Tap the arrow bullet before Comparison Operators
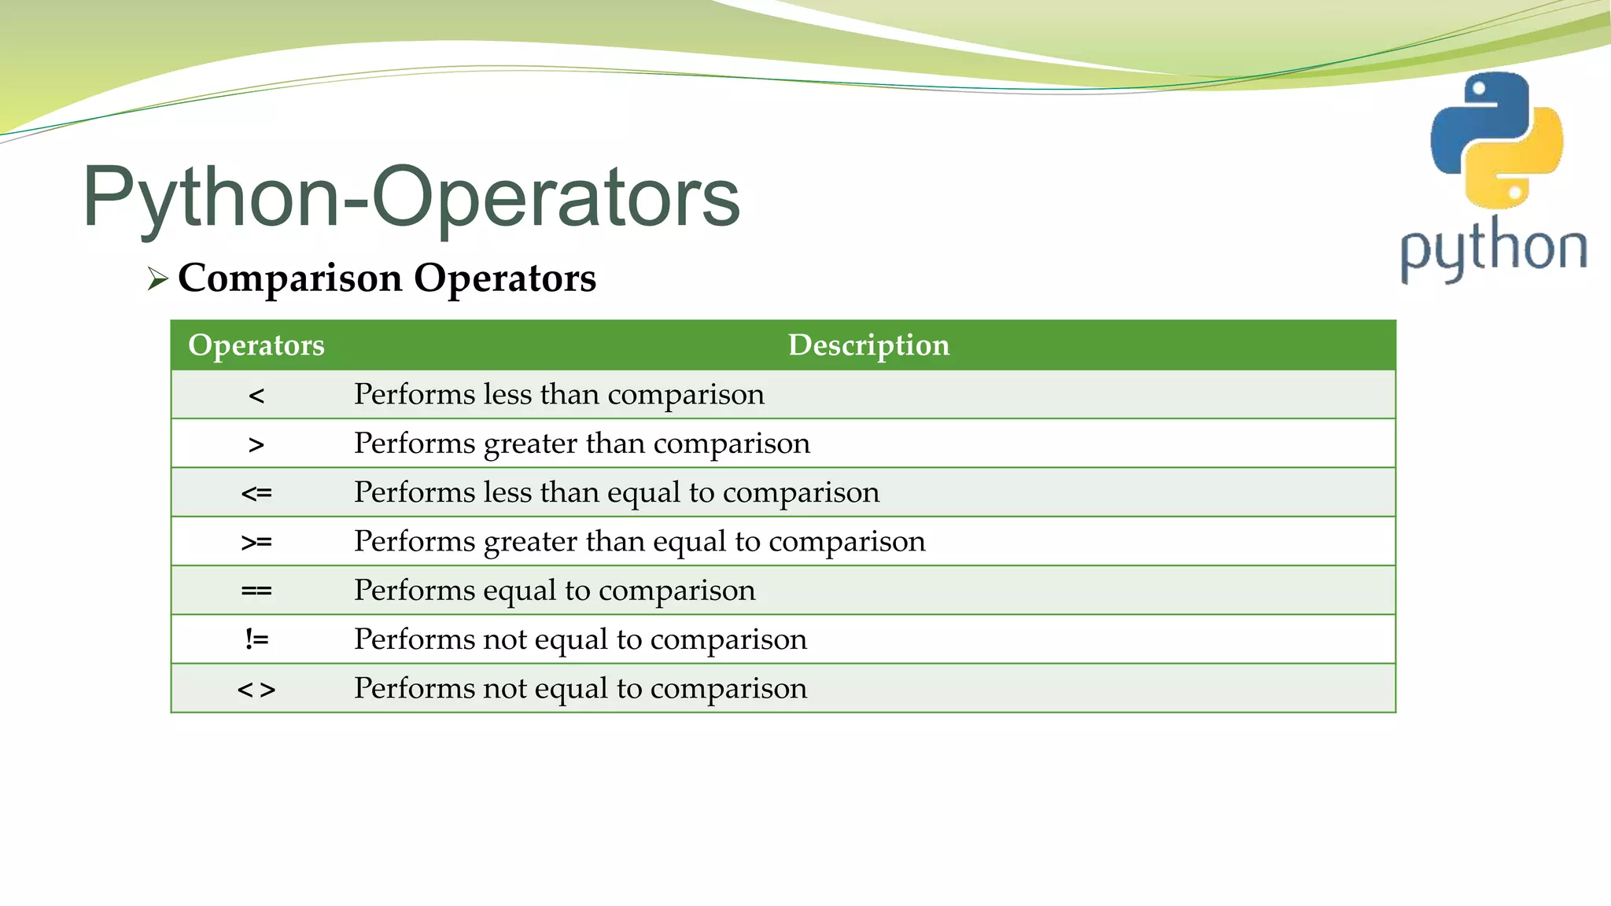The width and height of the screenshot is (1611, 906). pos(157,278)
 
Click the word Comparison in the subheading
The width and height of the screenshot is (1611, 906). pos(290,278)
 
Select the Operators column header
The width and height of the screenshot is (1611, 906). pos(256,345)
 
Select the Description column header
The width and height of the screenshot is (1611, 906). pos(868,345)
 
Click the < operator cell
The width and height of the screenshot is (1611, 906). pos(256,395)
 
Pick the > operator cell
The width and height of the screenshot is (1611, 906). pos(256,444)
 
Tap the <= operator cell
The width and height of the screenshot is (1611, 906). pos(256,493)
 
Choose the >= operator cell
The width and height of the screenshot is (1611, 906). pos(256,542)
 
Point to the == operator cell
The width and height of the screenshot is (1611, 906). pos(256,591)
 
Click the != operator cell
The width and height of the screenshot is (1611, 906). pos(256,639)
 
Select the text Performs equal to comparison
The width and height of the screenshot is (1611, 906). pos(555,591)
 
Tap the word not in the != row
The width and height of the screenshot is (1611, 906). pos(504,639)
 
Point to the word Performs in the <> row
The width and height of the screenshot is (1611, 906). pos(414,688)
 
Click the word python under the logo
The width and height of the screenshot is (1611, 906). pos(1493,248)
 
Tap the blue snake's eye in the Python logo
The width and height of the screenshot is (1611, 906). pos(1479,89)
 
